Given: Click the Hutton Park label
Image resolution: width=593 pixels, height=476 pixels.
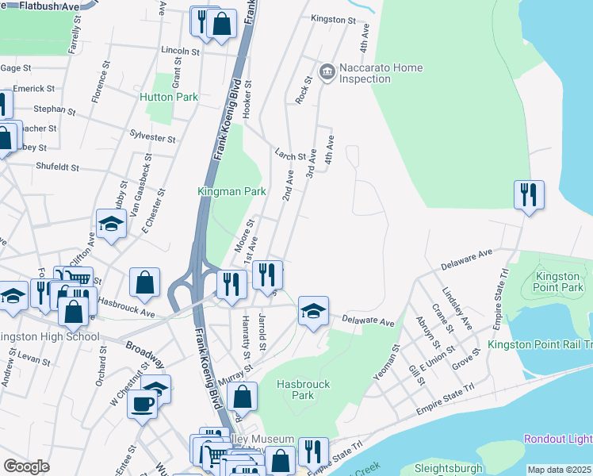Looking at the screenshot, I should pyautogui.click(x=168, y=97).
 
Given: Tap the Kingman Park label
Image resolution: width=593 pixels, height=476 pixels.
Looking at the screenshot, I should pyautogui.click(x=231, y=191).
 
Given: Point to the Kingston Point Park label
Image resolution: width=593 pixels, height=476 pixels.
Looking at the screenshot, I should pyautogui.click(x=559, y=282).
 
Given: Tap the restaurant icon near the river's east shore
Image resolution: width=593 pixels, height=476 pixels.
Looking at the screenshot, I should pyautogui.click(x=527, y=194).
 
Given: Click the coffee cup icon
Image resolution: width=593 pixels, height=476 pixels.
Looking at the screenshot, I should pyautogui.click(x=142, y=403).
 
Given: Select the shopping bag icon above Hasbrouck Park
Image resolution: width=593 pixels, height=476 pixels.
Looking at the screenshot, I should pyautogui.click(x=245, y=396).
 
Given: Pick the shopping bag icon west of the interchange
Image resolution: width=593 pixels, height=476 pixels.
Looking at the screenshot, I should pyautogui.click(x=144, y=282).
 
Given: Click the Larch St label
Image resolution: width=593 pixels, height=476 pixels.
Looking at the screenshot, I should pyautogui.click(x=290, y=157).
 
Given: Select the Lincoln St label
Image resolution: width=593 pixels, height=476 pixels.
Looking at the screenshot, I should pyautogui.click(x=180, y=51).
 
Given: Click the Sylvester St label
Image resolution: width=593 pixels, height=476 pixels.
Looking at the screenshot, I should pyautogui.click(x=152, y=138).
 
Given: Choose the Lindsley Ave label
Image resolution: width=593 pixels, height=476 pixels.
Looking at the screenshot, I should pyautogui.click(x=457, y=309).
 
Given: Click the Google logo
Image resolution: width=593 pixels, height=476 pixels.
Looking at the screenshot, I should pyautogui.click(x=26, y=466).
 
